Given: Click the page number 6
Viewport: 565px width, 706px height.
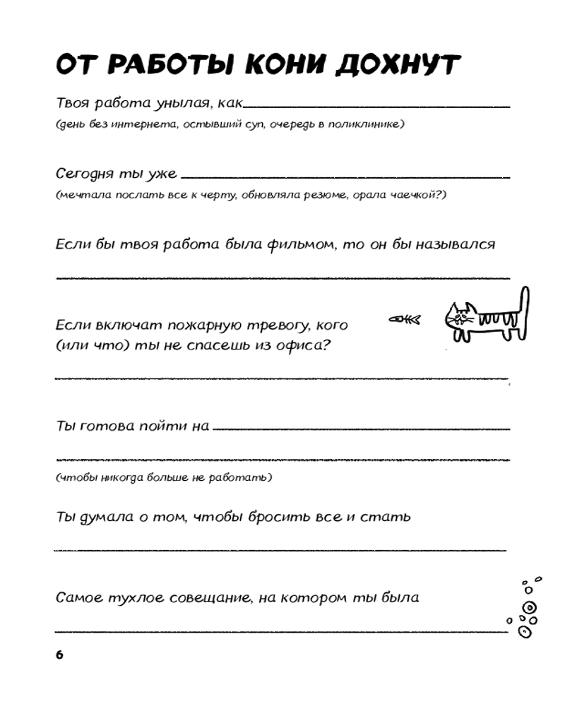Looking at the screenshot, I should pyautogui.click(x=59, y=654).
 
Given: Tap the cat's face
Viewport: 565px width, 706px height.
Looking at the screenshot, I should pyautogui.click(x=459, y=317).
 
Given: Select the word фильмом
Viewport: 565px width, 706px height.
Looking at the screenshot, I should pyautogui.click(x=296, y=244).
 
